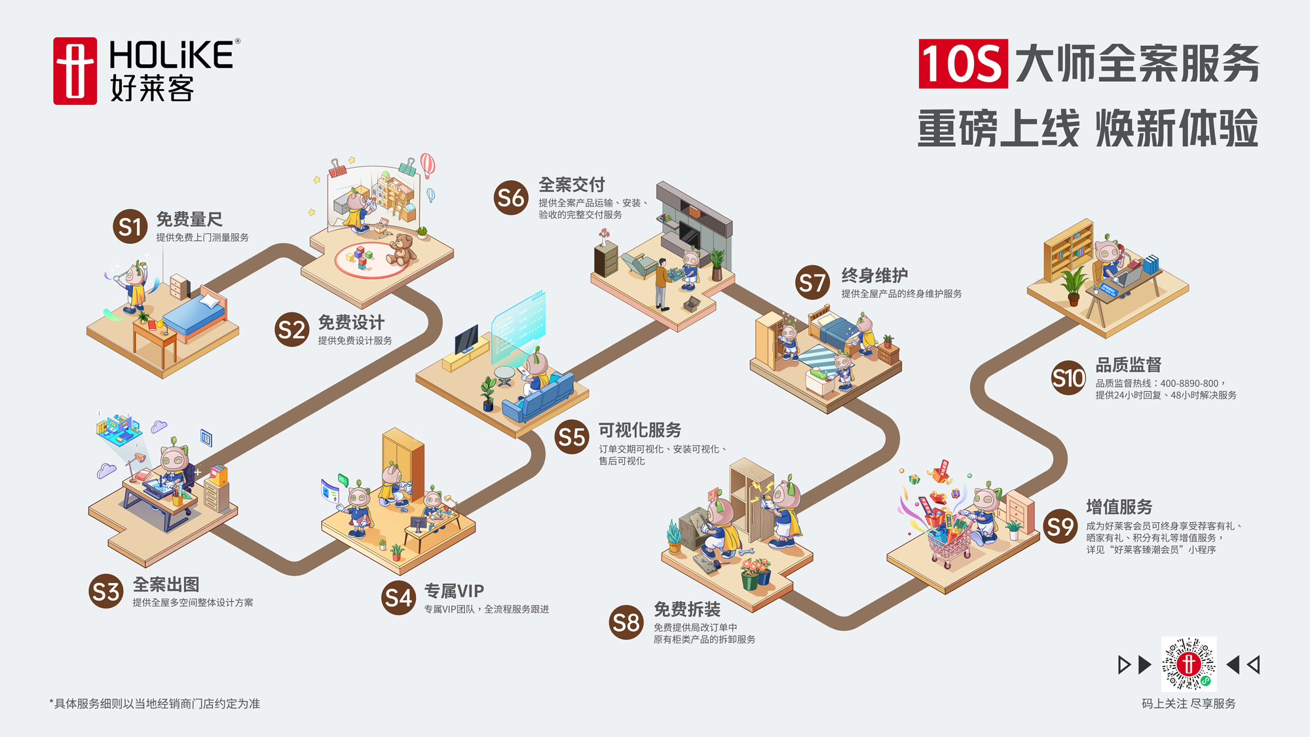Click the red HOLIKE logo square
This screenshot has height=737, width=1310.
pos(75,71)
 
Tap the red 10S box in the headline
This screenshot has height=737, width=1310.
pos(962,64)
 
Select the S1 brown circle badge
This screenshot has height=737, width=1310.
pos(130,227)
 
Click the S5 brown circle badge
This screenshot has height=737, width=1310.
pos(571,437)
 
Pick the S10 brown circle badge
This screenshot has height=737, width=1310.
pos(1068,378)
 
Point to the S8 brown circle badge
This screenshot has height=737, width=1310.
pos(626,622)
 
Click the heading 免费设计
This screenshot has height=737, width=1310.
pos(351,322)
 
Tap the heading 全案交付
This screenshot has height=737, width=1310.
pos(571,185)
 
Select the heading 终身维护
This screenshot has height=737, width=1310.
pos(874,276)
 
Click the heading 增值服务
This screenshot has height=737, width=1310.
pos(1119,507)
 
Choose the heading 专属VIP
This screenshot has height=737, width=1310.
pos(454,591)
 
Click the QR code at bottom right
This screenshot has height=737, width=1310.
pos(1188,664)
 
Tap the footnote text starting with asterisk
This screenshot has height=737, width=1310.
pos(155,704)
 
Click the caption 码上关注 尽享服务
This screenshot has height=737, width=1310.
pos(1188,704)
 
